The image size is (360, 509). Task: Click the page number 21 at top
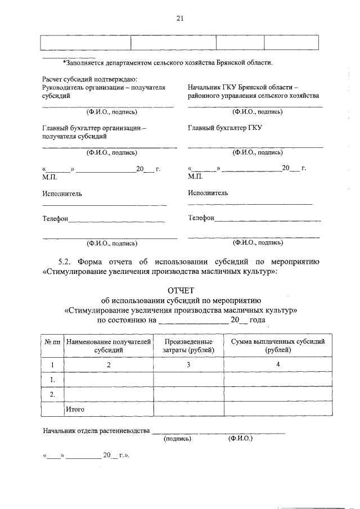pos(180,18)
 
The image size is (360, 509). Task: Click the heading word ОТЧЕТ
pos(180,290)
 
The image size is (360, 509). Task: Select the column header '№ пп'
pos(52,341)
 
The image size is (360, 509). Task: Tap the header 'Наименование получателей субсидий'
pos(109,345)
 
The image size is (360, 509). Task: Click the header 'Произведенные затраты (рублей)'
pos(189,345)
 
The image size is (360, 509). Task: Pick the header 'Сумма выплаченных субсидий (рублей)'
pos(278,345)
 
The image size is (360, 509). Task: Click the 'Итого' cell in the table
pos(75,409)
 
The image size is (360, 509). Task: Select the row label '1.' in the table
pos(52,380)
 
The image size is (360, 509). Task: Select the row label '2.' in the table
pos(52,394)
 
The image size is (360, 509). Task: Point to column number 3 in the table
pos(189,364)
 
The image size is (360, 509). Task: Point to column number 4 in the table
pos(278,364)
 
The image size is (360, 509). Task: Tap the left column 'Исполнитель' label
pos(62,193)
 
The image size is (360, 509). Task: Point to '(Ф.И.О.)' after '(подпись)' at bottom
pos(241,438)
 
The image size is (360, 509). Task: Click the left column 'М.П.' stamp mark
pos(49,177)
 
